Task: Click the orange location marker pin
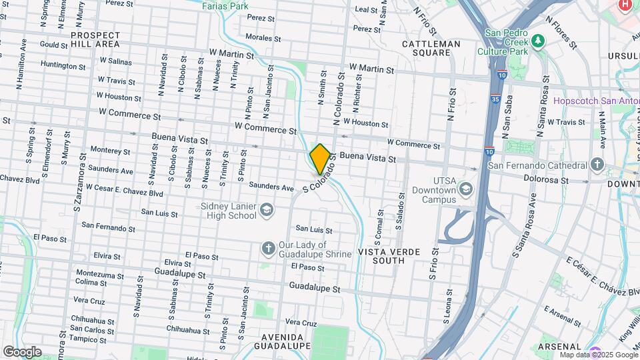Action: point(319,159)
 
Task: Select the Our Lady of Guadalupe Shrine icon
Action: point(268,249)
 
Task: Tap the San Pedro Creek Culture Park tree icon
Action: point(538,41)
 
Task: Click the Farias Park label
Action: point(225,6)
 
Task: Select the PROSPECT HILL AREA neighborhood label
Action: point(95,39)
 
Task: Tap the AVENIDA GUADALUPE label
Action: point(281,341)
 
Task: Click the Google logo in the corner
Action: point(21,351)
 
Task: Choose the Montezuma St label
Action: point(99,273)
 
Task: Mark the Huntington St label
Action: point(63,66)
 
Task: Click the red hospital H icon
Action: point(625,5)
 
